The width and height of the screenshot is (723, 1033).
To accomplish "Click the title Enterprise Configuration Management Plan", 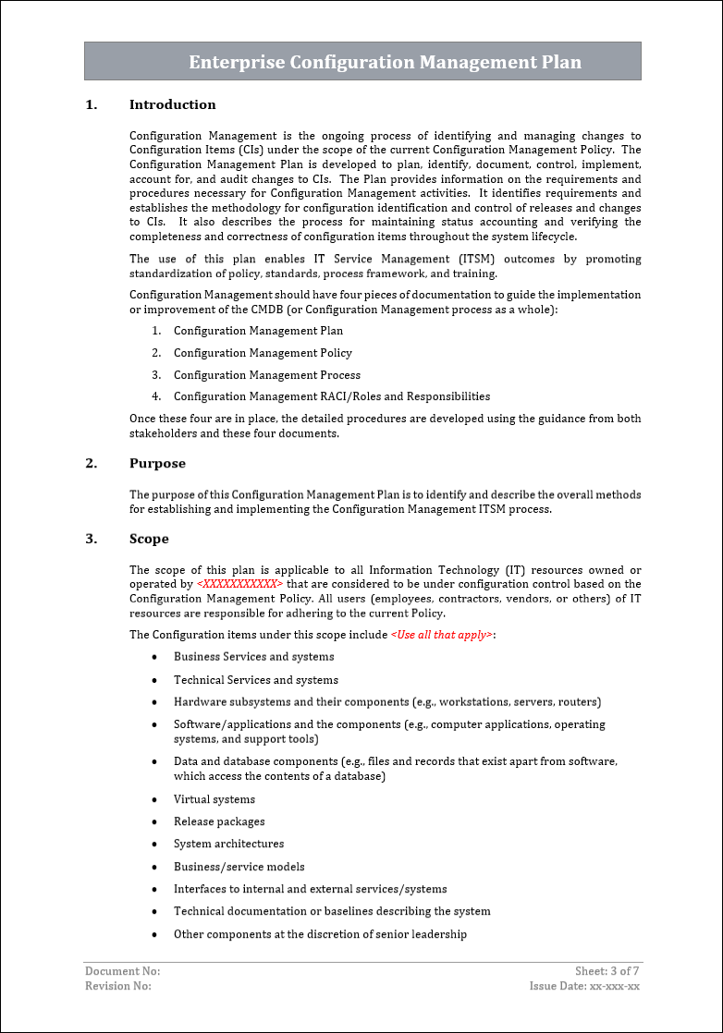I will [x=385, y=63].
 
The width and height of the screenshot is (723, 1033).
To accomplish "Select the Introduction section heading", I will [x=172, y=105].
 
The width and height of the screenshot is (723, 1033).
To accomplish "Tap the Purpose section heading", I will [x=157, y=464].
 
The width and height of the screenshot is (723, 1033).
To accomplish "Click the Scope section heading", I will [x=149, y=540].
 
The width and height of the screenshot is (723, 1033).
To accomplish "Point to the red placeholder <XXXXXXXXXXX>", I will [x=240, y=585].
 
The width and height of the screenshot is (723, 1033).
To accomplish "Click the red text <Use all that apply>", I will [x=442, y=636].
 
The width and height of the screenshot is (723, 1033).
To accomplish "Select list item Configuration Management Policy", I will [x=263, y=353].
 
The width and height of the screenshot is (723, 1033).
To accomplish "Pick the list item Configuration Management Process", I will [x=267, y=375].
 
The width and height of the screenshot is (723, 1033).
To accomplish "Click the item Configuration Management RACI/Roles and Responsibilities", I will [x=332, y=397].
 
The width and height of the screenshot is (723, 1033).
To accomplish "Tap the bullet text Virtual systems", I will [x=214, y=800].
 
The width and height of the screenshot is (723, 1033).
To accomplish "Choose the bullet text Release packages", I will [x=219, y=822].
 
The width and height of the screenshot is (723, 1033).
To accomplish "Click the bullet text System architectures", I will [x=228, y=845].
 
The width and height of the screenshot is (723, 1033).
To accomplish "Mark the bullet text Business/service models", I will [x=239, y=868].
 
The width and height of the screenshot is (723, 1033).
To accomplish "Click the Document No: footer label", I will [x=123, y=971].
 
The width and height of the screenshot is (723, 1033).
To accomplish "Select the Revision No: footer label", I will [x=118, y=986].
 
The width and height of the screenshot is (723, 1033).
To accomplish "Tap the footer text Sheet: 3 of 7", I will [x=607, y=971].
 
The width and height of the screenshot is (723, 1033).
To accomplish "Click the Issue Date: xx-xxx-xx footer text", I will [x=584, y=986].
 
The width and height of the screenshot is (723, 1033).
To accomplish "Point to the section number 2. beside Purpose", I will [x=91, y=464].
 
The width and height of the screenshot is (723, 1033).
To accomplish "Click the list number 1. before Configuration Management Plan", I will [x=156, y=331].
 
